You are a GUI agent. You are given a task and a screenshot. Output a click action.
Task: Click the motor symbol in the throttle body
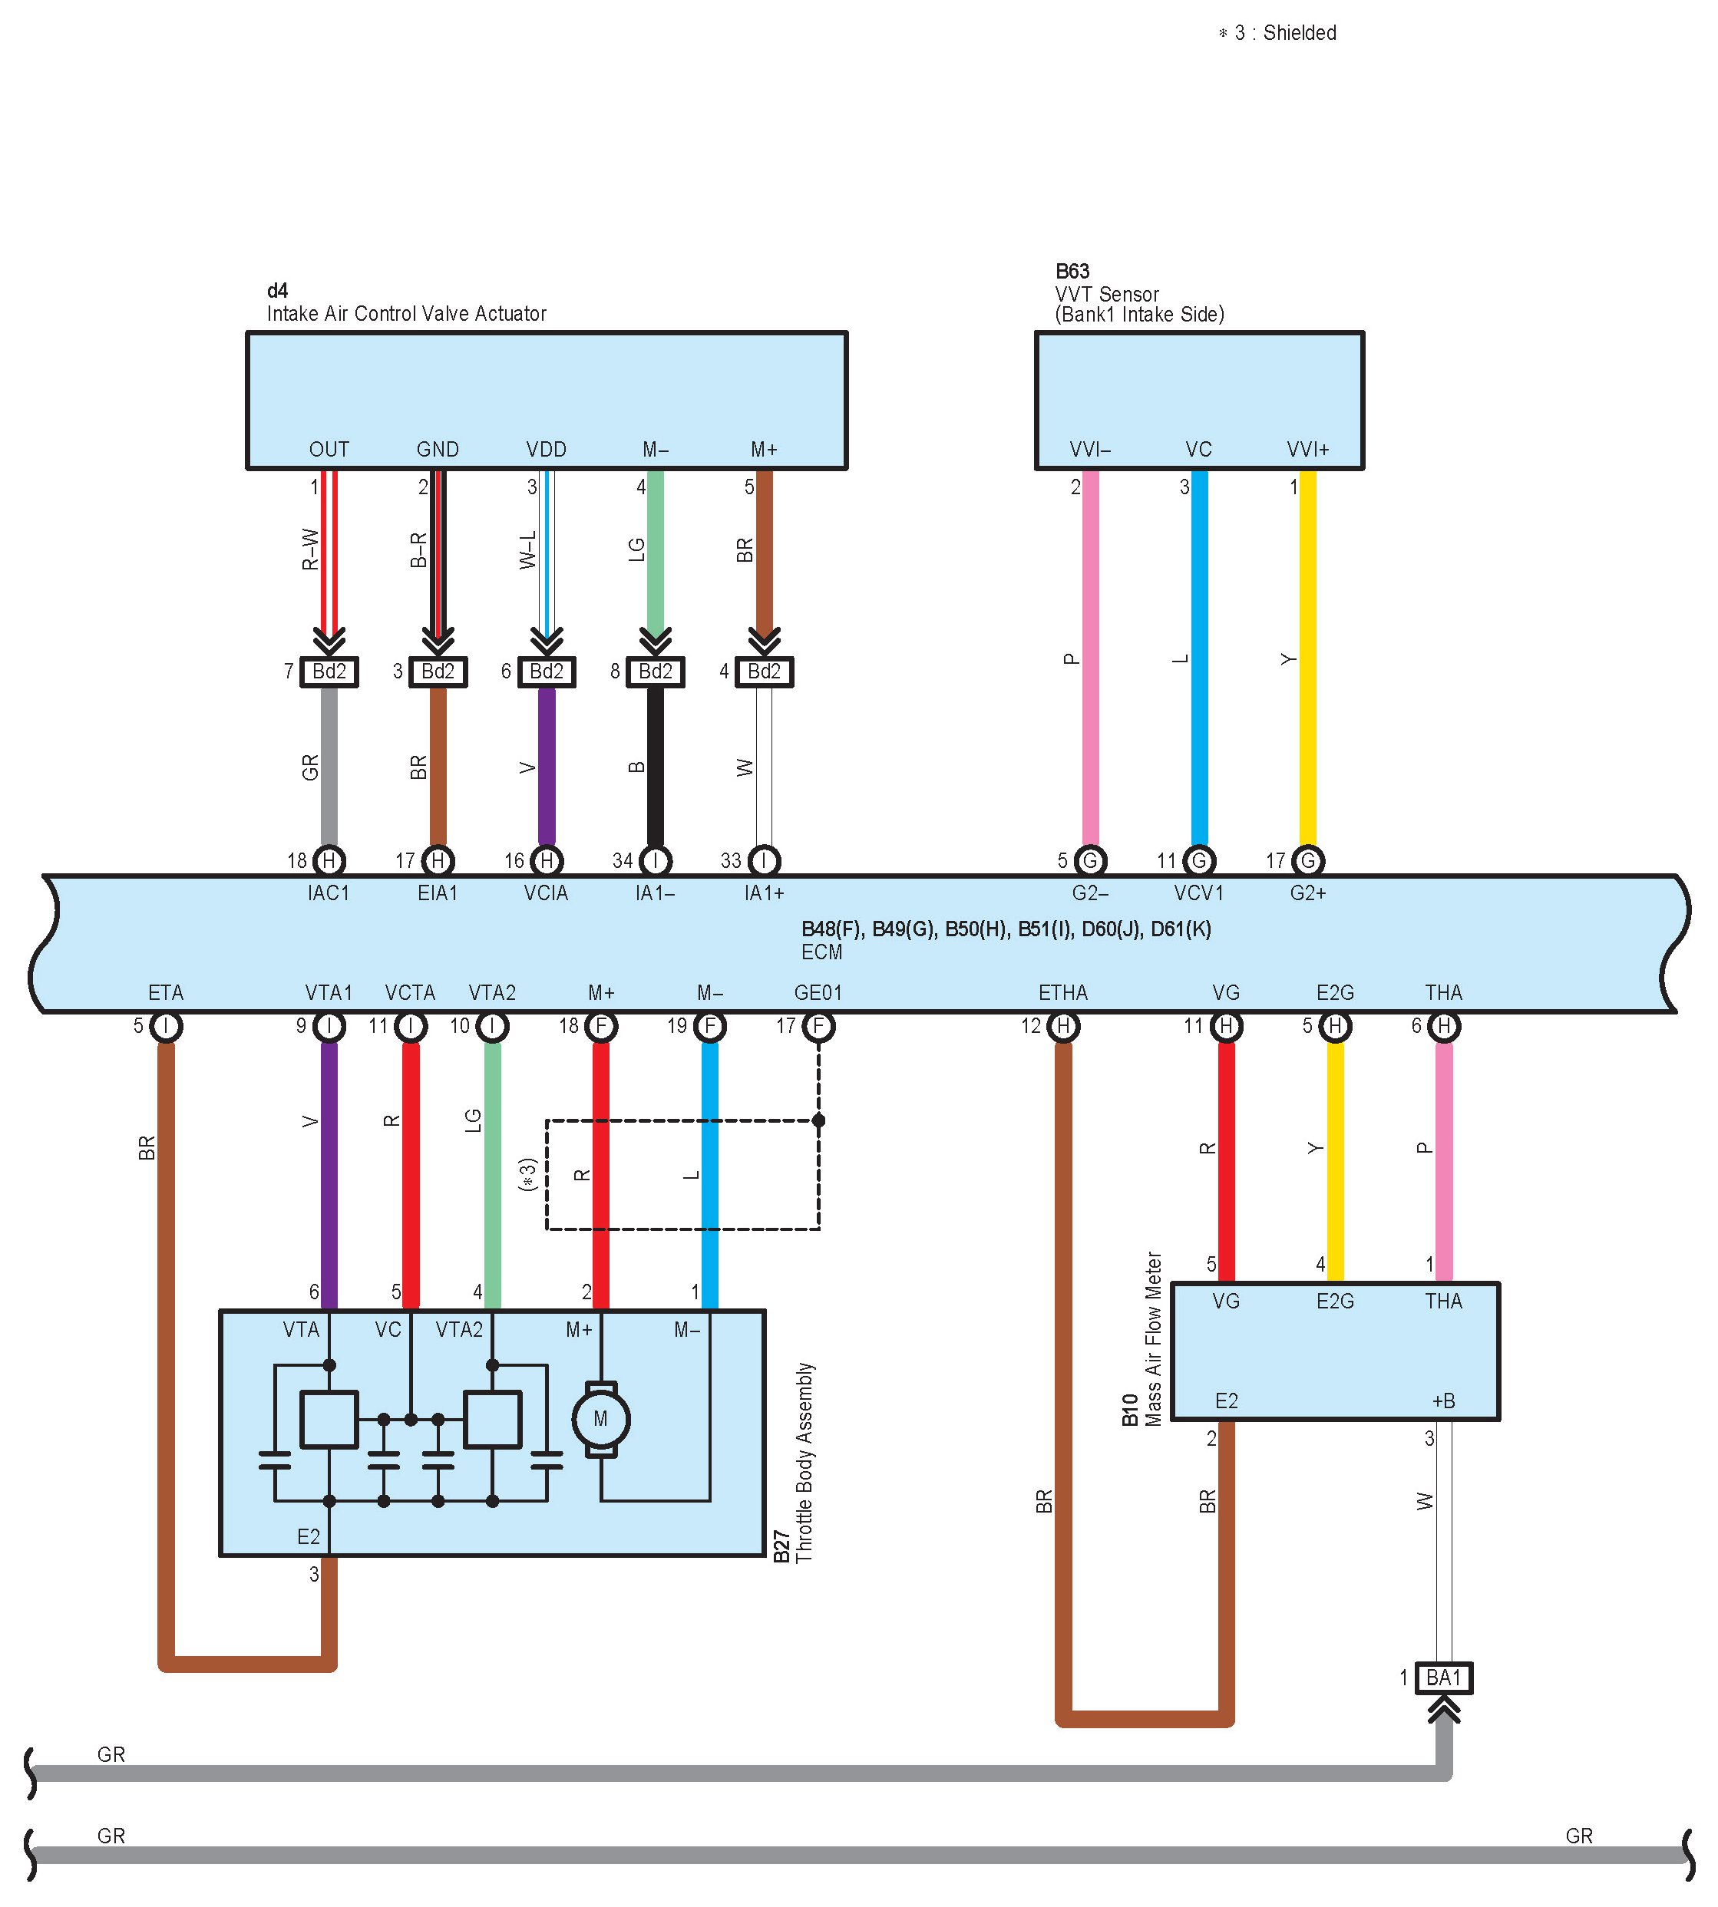[600, 1418]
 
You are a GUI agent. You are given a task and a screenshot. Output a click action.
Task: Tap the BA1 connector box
[1443, 1678]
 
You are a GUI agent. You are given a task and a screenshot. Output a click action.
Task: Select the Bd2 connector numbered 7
[329, 671]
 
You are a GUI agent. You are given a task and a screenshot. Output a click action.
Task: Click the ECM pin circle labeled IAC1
[329, 860]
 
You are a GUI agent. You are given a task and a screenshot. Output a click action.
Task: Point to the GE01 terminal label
[818, 993]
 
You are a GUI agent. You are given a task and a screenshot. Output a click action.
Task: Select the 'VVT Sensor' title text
[1106, 295]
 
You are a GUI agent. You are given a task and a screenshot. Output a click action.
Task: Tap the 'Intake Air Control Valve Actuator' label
[406, 314]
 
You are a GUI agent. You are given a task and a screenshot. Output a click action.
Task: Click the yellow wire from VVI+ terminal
[1307, 661]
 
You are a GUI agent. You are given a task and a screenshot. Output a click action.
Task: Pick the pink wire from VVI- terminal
[1090, 661]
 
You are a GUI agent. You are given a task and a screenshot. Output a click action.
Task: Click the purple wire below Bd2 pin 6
[547, 766]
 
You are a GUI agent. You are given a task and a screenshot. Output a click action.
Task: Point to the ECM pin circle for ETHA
[1063, 1026]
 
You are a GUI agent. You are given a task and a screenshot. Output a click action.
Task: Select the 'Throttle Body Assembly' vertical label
[804, 1463]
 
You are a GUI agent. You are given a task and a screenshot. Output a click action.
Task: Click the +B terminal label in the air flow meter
[1443, 1401]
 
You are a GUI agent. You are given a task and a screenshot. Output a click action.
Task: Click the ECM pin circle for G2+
[1307, 860]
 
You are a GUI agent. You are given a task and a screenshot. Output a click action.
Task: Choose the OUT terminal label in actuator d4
[329, 449]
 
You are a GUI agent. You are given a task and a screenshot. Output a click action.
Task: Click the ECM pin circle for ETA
[166, 1026]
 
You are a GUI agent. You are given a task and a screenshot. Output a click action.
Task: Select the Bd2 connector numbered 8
[655, 671]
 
